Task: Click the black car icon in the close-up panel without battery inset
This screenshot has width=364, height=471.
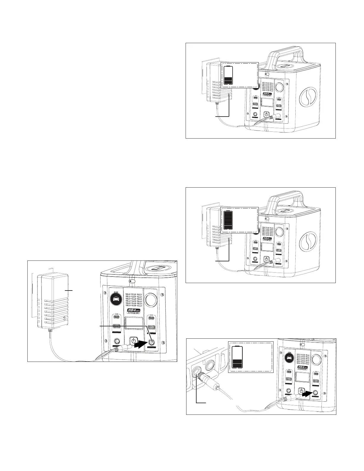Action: click(117, 299)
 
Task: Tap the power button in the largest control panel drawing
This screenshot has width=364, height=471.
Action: click(134, 341)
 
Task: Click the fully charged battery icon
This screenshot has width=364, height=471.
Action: click(228, 219)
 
